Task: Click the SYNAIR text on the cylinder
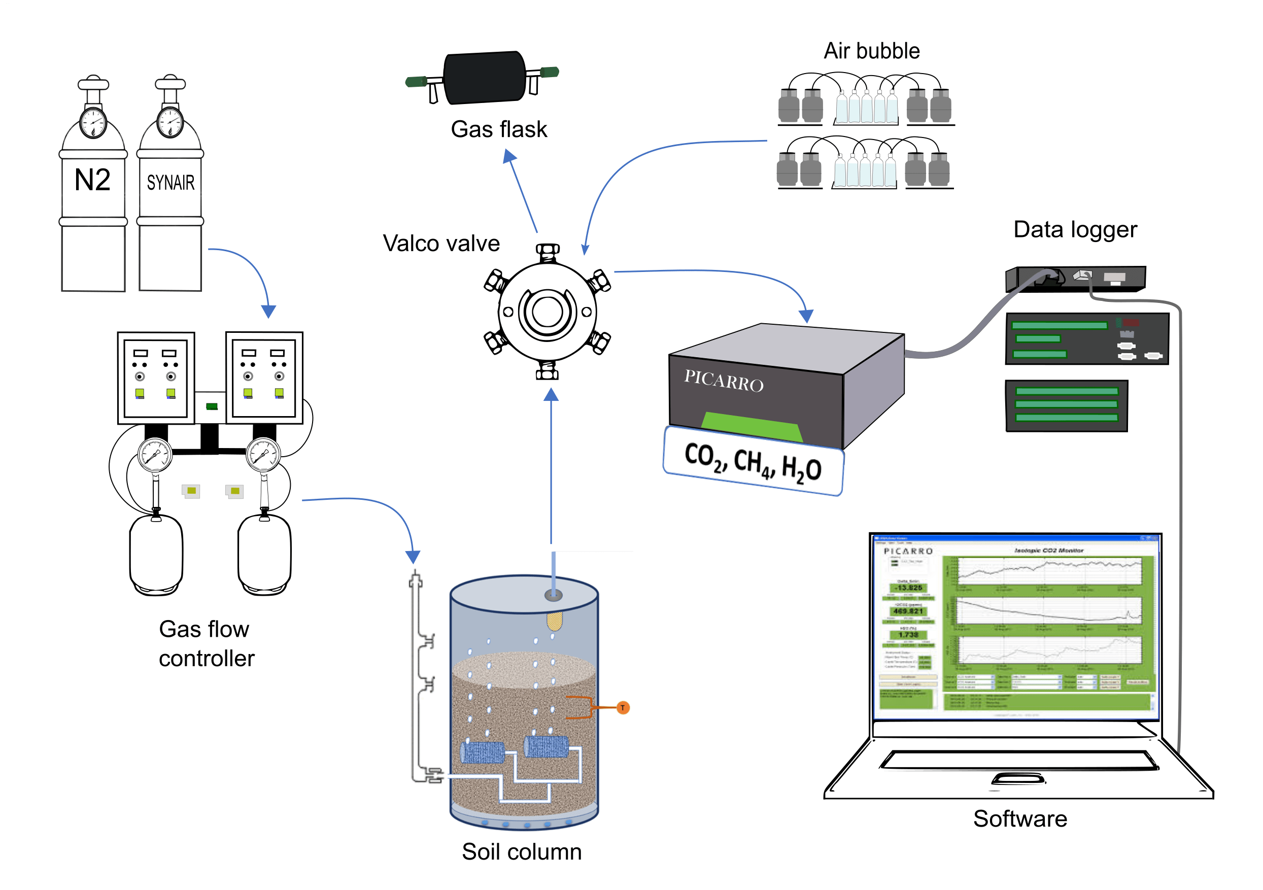(x=170, y=183)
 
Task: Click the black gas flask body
(x=485, y=78)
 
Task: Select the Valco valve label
(x=441, y=243)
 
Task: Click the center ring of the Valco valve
(x=547, y=312)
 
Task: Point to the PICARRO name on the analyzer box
(x=724, y=381)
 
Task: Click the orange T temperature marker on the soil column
(x=623, y=708)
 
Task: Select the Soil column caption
(x=522, y=851)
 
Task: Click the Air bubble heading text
(x=871, y=51)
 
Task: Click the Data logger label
(x=1075, y=229)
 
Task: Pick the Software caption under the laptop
(x=1020, y=818)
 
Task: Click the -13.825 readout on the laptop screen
(x=909, y=588)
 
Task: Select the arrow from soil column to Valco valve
(x=551, y=467)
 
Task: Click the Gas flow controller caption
(x=207, y=643)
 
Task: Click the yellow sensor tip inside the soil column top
(x=554, y=621)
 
